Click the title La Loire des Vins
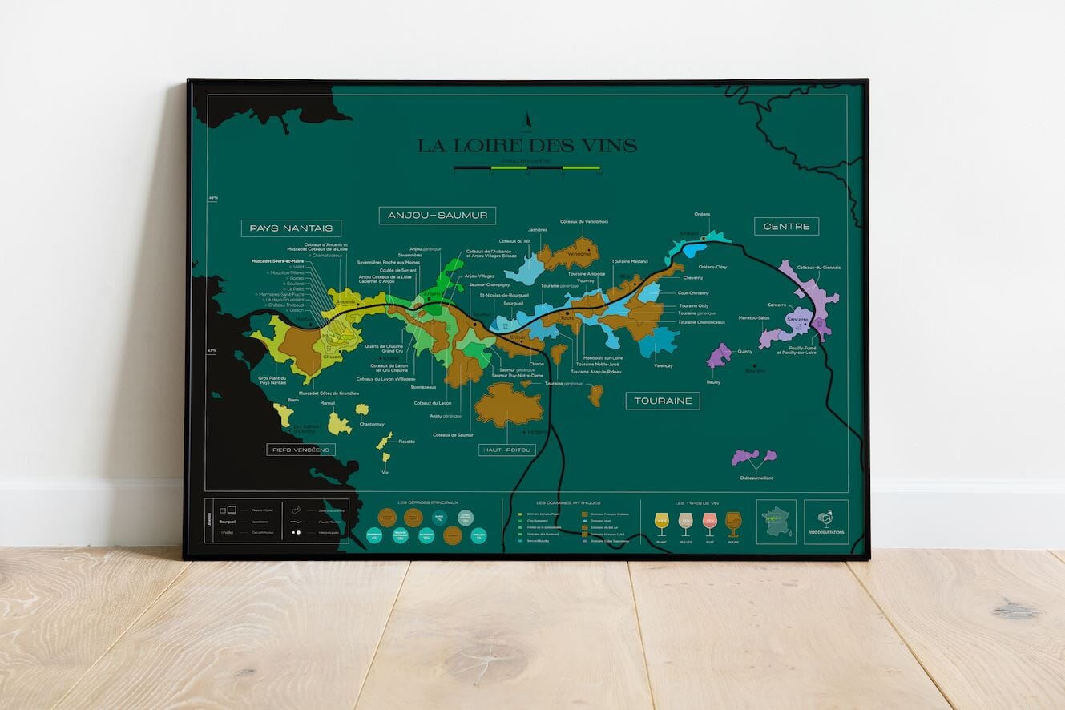coord(526,146)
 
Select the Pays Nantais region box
coord(291,228)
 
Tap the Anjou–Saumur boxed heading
coord(437,216)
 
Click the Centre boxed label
coord(786,226)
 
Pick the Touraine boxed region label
coord(662,401)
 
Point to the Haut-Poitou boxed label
coord(506,450)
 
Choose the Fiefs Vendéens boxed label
coord(301,450)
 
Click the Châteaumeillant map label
coord(756,478)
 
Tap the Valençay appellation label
coord(664,365)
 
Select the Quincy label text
coord(744,351)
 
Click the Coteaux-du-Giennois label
coord(818,268)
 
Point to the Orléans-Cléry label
coord(712,267)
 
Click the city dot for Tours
coord(567,313)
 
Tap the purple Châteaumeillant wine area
coord(753,457)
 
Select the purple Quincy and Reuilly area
coord(719,355)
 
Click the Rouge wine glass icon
coord(733,523)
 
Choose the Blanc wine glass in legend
coord(662,523)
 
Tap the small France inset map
coord(776,521)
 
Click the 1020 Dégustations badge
coord(826,521)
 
